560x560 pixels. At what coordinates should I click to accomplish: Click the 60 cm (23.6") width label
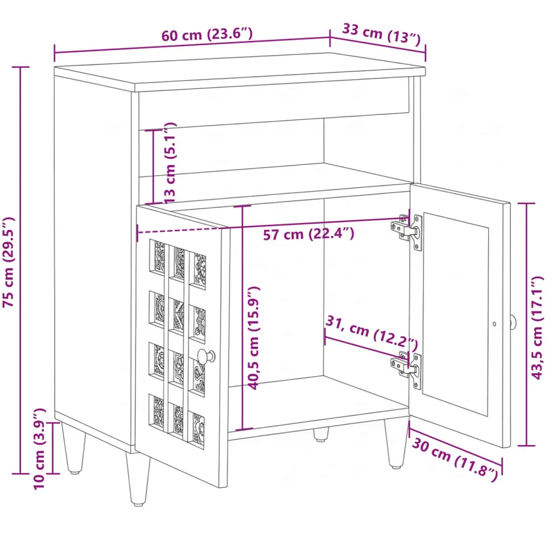click(207, 35)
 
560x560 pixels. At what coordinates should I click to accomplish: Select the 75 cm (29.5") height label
click(9, 262)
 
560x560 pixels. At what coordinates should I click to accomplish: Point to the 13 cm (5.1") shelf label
click(170, 163)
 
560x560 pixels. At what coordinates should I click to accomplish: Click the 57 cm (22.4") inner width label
click(308, 234)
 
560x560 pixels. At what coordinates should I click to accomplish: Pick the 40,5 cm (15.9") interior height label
click(254, 337)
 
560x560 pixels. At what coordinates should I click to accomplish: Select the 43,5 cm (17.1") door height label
click(537, 327)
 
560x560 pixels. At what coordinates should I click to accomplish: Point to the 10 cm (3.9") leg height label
click(40, 448)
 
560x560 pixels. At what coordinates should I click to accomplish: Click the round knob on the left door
click(206, 356)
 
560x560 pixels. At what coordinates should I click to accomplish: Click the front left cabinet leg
click(138, 479)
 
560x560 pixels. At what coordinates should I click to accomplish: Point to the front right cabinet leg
click(396, 443)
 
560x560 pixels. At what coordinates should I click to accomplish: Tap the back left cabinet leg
click(74, 448)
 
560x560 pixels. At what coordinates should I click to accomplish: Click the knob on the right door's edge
click(513, 323)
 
